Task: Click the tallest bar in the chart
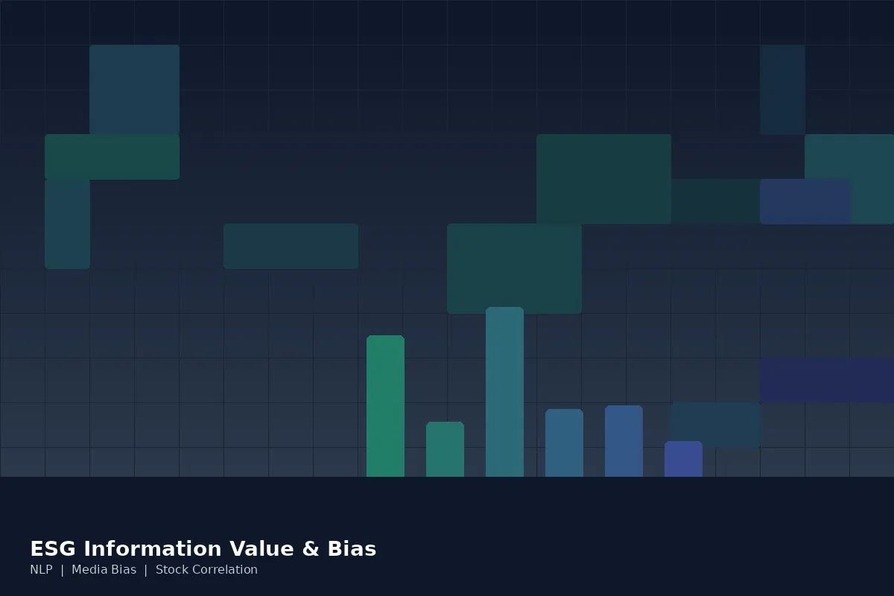pyautogui.click(x=504, y=392)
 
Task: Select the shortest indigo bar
pyautogui.click(x=683, y=459)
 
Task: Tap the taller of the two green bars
pyautogui.click(x=385, y=406)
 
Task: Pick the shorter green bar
pyautogui.click(x=445, y=449)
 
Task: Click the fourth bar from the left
pyautogui.click(x=564, y=443)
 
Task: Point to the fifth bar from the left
pyautogui.click(x=624, y=441)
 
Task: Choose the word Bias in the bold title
pyautogui.click(x=352, y=549)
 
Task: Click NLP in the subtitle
pyautogui.click(x=41, y=570)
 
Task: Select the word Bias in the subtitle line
pyautogui.click(x=123, y=570)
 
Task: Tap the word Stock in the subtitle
pyautogui.click(x=171, y=570)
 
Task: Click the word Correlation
pyautogui.click(x=224, y=570)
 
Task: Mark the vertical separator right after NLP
pyautogui.click(x=62, y=570)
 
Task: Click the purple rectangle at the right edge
pyautogui.click(x=827, y=380)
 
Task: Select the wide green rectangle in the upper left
pyautogui.click(x=112, y=156)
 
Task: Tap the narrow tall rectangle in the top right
pyautogui.click(x=782, y=89)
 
